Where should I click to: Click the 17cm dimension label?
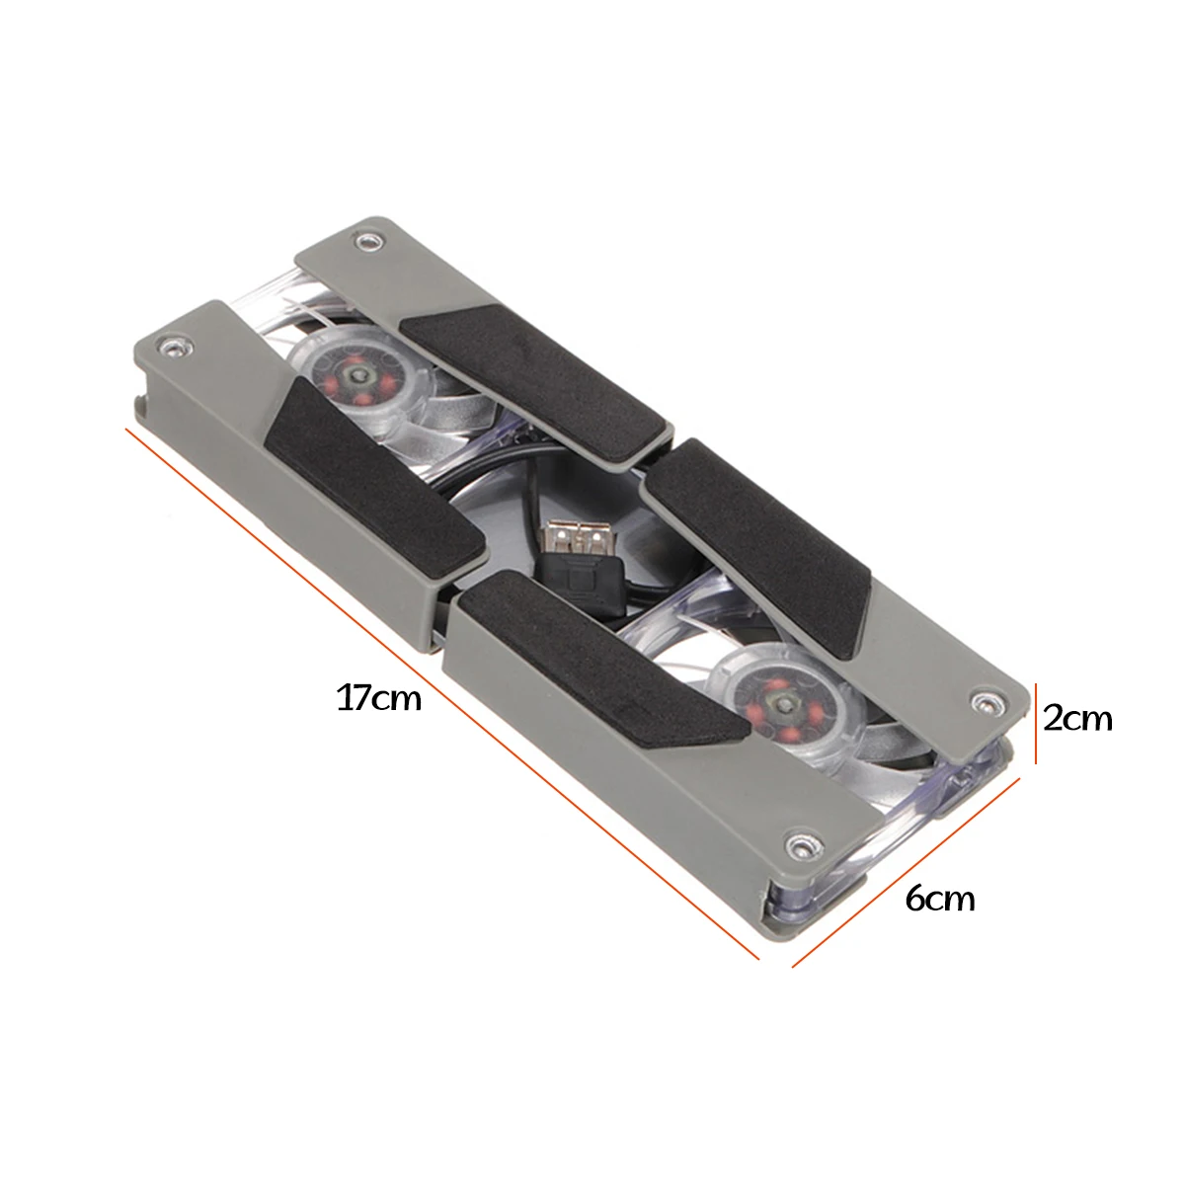pyautogui.click(x=379, y=698)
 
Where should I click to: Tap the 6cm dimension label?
pyautogui.click(x=940, y=899)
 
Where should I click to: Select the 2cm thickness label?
pyautogui.click(x=1077, y=718)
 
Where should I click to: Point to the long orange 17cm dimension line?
pyautogui.click(x=442, y=693)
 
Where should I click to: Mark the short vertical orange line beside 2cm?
pyautogui.click(x=1036, y=723)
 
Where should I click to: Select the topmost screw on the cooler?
pyautogui.click(x=368, y=240)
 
